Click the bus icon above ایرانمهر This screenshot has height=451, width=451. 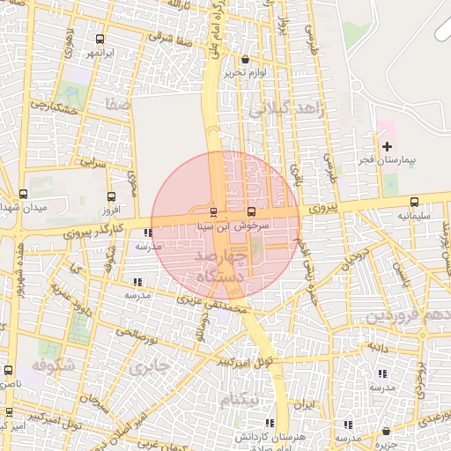coord(100,39)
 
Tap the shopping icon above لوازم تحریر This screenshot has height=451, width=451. coord(245,60)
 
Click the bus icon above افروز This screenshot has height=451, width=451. coord(110,197)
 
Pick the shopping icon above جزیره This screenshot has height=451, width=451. coord(386,432)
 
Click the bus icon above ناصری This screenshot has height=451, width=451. coord(9,371)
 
